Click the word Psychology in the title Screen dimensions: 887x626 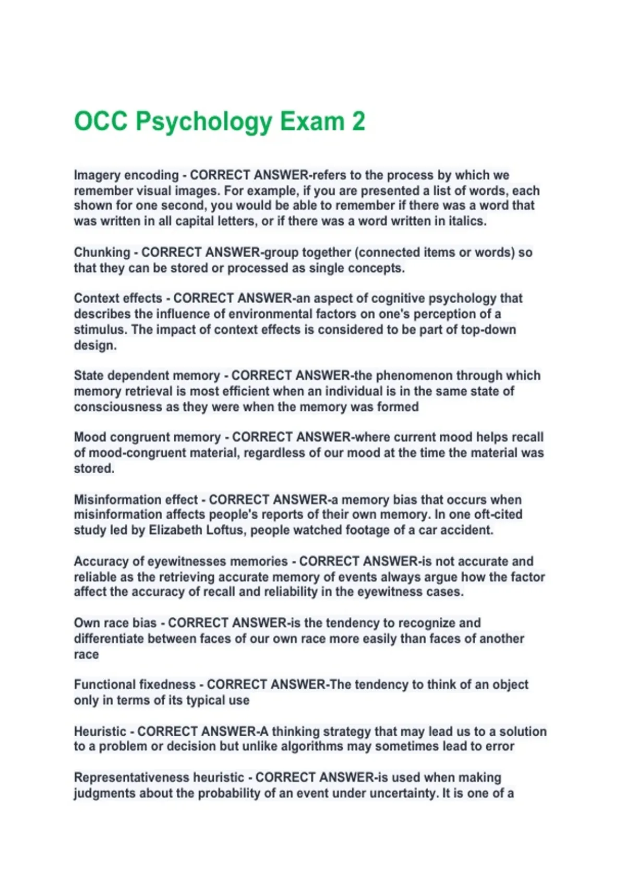(203, 122)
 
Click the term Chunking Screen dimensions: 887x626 (102, 253)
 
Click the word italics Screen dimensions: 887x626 (466, 221)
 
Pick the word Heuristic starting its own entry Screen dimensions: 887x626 (100, 732)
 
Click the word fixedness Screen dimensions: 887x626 (167, 685)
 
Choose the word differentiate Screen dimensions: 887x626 (109, 639)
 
